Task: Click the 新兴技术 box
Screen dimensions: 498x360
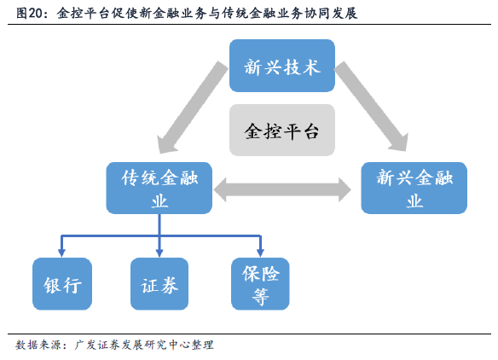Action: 282,66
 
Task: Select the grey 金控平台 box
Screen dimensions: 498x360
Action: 282,130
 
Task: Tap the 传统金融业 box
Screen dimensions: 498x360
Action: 159,188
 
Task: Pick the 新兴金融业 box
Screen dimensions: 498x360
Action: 414,188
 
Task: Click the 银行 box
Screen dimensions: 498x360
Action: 62,284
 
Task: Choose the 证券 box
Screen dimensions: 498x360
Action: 159,284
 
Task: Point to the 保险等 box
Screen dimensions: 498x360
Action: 260,284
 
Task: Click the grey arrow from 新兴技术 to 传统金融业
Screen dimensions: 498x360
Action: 193,107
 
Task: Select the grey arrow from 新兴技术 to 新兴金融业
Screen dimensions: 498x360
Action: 371,106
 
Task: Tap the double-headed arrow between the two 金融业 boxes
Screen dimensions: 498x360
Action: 282,189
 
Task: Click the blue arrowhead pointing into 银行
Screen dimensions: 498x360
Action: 62,253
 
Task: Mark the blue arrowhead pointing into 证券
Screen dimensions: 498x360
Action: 159,253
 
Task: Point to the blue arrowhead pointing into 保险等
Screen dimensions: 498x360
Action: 260,253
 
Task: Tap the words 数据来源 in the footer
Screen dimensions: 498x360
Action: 38,345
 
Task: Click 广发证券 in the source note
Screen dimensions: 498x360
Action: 98,345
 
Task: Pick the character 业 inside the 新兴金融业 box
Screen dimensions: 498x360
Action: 414,201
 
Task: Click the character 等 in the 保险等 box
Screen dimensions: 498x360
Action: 260,297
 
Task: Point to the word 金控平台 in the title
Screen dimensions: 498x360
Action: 84,14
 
